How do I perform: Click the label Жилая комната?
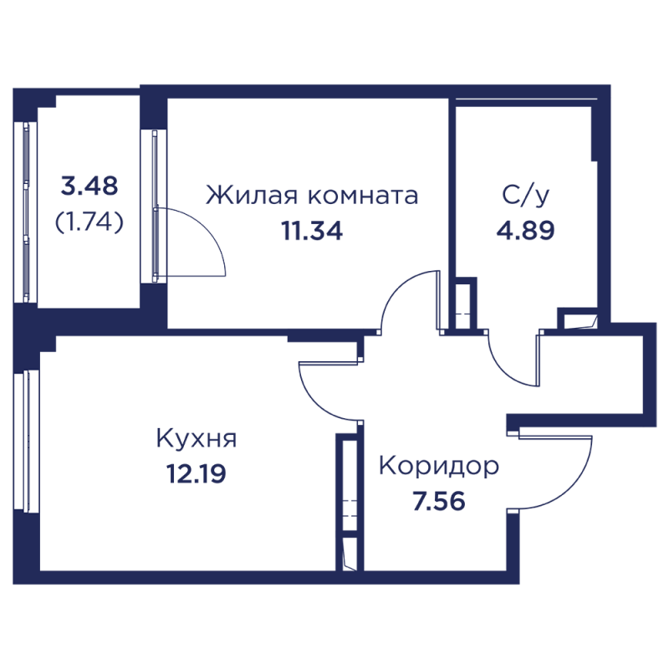[x=311, y=197]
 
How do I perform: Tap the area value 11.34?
[x=311, y=231]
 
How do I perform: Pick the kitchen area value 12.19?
[x=197, y=473]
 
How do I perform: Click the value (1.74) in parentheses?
[x=89, y=221]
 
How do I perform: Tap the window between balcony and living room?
[x=156, y=205]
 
